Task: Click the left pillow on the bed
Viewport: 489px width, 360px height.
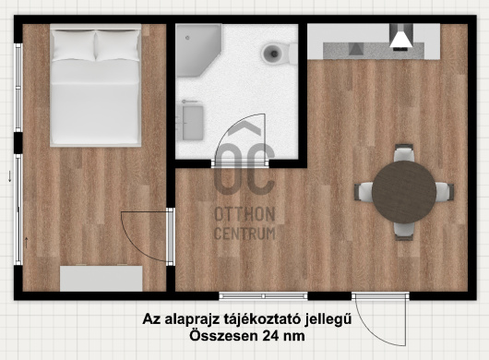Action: click(74, 45)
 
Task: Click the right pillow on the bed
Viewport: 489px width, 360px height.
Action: click(117, 45)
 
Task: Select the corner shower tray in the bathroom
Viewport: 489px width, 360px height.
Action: click(198, 51)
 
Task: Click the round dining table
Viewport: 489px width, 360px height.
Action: click(404, 192)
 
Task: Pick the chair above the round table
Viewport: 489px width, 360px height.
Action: click(404, 152)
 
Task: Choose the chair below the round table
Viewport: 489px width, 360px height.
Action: click(404, 231)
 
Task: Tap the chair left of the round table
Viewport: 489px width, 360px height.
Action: click(364, 192)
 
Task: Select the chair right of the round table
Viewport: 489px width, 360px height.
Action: click(445, 192)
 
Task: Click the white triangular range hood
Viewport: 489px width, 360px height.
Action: click(401, 40)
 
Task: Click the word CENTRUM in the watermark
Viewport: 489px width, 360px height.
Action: click(245, 234)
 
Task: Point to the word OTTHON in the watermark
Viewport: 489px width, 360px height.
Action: click(244, 214)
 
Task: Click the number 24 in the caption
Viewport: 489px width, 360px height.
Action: click(269, 336)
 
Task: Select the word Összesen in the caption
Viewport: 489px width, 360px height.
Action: click(223, 336)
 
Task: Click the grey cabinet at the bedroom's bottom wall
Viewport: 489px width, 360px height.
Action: click(101, 278)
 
